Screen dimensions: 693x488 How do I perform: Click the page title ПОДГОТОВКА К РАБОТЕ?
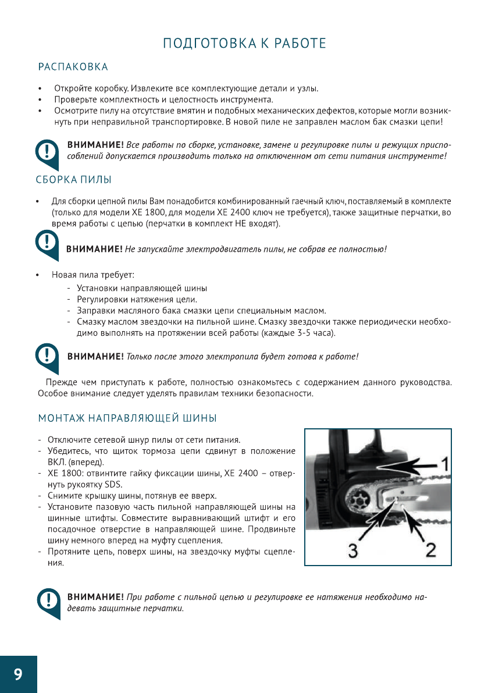pos(244,44)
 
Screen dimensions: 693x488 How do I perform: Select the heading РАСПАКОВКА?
pos(73,67)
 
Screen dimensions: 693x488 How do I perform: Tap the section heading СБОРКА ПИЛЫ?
pos(74,180)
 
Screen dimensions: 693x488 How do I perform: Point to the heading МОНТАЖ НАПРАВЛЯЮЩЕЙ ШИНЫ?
pos(127,418)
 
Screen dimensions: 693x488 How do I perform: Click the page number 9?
pos(18,674)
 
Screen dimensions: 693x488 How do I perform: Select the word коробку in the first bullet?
pos(111,89)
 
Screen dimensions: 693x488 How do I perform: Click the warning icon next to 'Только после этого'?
pos(47,356)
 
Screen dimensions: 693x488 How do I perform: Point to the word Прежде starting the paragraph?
pos(61,382)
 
